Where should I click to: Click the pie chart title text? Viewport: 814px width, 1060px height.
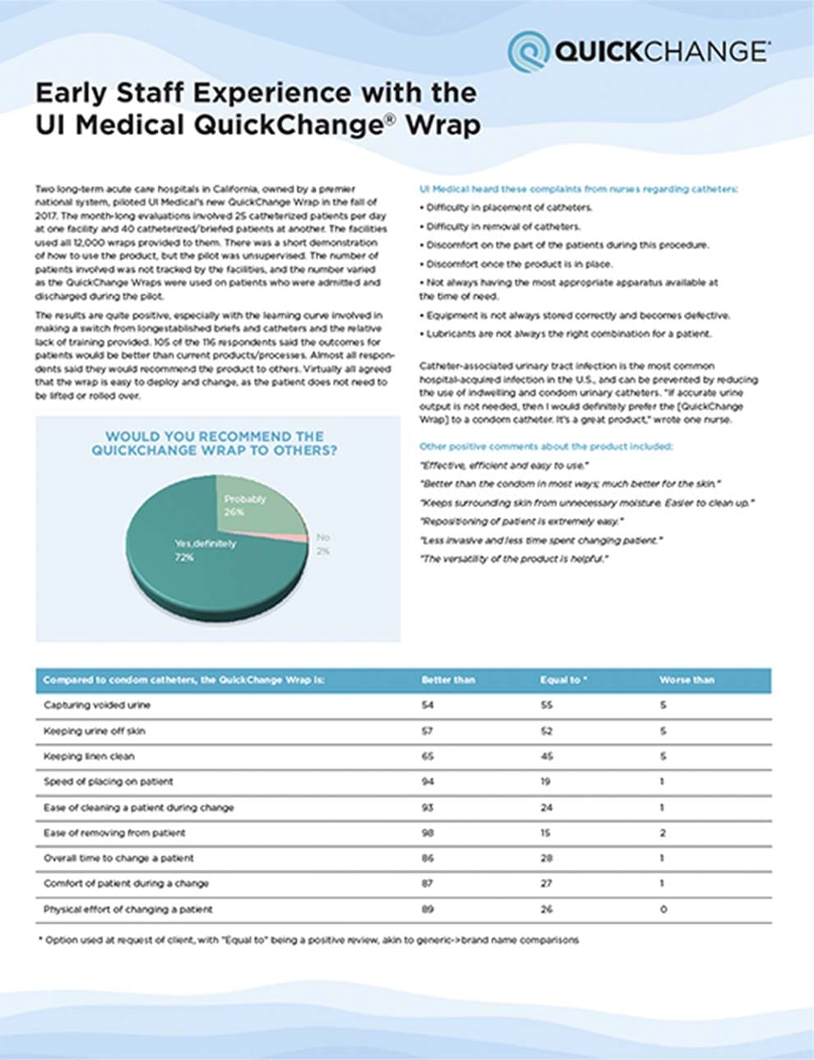tap(215, 444)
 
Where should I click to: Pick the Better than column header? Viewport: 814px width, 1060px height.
tap(448, 680)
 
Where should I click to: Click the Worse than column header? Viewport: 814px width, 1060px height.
tap(687, 680)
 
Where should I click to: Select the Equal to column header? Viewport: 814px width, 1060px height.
tap(563, 680)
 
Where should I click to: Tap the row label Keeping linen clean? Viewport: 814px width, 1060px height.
tap(89, 756)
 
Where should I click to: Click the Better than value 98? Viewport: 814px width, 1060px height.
tap(428, 833)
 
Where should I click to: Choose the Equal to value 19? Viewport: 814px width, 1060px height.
tap(546, 782)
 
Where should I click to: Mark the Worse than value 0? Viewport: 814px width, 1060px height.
tap(664, 909)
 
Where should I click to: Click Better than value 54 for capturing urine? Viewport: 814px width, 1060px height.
tap(428, 705)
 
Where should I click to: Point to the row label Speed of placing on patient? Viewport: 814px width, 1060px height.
tap(108, 782)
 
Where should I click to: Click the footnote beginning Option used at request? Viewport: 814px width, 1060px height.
tap(309, 940)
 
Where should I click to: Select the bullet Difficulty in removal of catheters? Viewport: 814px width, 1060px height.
tap(502, 226)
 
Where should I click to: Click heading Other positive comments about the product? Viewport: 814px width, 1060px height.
tap(546, 446)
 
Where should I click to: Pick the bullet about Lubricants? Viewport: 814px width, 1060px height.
tap(567, 333)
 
